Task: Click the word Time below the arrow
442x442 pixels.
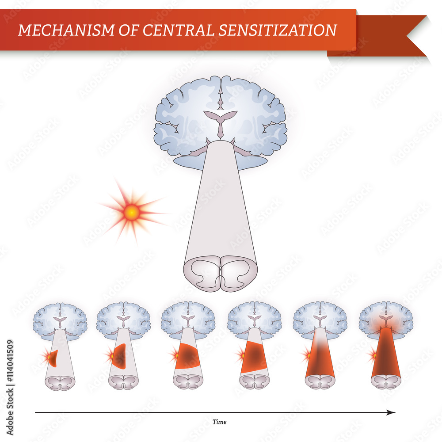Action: pyautogui.click(x=219, y=422)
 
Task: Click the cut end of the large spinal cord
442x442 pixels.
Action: pyautogui.click(x=220, y=274)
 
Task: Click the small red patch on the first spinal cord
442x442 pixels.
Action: pyautogui.click(x=53, y=358)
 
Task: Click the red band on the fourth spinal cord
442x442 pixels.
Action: pyautogui.click(x=254, y=356)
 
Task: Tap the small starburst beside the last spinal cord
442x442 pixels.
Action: pyautogui.click(x=373, y=354)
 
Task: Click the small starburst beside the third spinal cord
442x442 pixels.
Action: pyautogui.click(x=174, y=354)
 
